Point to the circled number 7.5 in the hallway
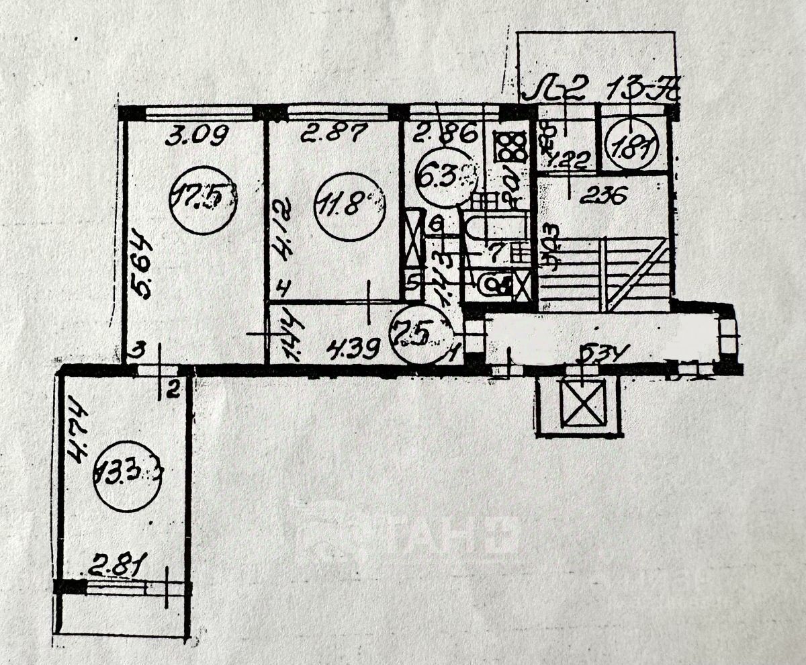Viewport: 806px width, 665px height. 422,333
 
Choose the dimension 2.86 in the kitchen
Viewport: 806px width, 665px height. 445,135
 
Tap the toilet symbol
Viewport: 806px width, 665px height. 495,285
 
